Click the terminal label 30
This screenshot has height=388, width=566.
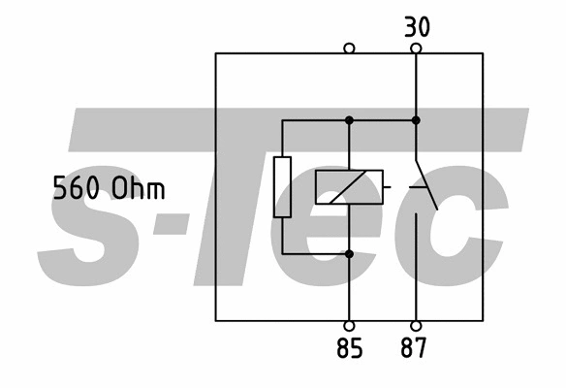[x=417, y=27]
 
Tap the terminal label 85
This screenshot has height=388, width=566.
[x=350, y=348]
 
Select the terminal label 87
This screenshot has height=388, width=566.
[x=413, y=347]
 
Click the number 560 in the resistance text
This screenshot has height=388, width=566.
[x=76, y=187]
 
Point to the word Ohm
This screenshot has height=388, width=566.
[x=139, y=187]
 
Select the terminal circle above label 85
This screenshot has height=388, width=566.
[x=349, y=326]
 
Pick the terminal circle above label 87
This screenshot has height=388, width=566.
[x=416, y=326]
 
